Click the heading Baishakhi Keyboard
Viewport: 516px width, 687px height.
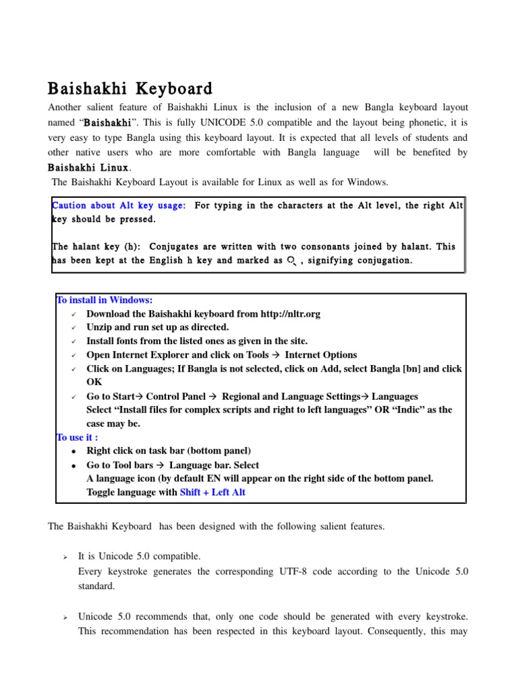click(x=130, y=89)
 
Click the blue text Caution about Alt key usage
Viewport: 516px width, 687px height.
click(x=119, y=205)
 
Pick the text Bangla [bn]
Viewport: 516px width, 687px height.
click(x=394, y=369)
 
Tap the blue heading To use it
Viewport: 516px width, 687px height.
click(x=78, y=437)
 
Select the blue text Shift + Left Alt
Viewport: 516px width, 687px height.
click(x=212, y=492)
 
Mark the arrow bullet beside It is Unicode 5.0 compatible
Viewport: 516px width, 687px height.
click(x=65, y=556)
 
